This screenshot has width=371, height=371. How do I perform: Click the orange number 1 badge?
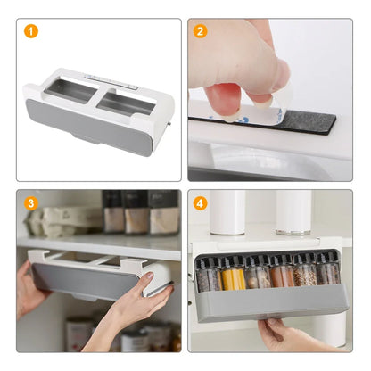32,31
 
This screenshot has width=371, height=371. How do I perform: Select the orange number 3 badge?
32,202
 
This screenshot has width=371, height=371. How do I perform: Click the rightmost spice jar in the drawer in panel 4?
329,271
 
